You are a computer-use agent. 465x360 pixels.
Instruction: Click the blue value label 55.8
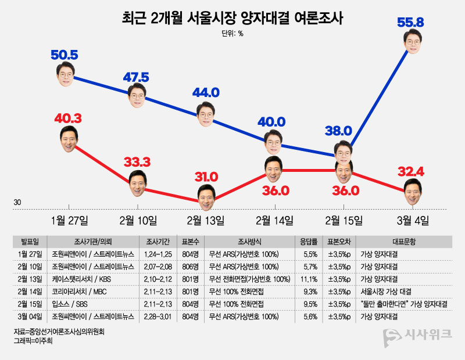[x=410, y=23]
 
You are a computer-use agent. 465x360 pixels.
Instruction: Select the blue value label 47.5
[x=137, y=78]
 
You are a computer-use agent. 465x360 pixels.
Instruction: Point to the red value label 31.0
[x=206, y=176]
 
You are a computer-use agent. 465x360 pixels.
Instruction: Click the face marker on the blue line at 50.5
[x=69, y=74]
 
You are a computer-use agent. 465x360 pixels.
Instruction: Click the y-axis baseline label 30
[x=17, y=203]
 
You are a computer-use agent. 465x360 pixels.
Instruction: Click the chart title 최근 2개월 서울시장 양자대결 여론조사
[x=233, y=18]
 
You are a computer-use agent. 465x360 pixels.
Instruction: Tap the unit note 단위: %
[x=232, y=34]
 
